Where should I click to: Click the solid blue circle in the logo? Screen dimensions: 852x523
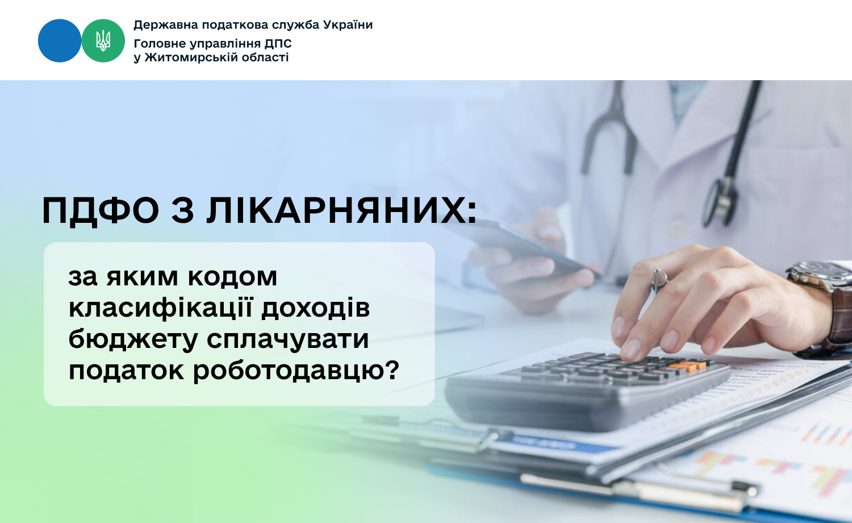click(60, 41)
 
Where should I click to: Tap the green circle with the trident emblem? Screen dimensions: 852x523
click(103, 41)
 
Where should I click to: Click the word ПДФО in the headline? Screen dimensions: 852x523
click(101, 210)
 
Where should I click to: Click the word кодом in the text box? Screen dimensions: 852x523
click(232, 277)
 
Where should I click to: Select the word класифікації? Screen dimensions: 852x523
click(161, 308)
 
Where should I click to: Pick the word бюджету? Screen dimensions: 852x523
click(133, 339)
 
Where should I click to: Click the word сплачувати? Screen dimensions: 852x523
click(287, 341)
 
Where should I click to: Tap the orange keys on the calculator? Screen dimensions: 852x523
click(687, 366)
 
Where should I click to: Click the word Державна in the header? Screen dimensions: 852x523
click(166, 25)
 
